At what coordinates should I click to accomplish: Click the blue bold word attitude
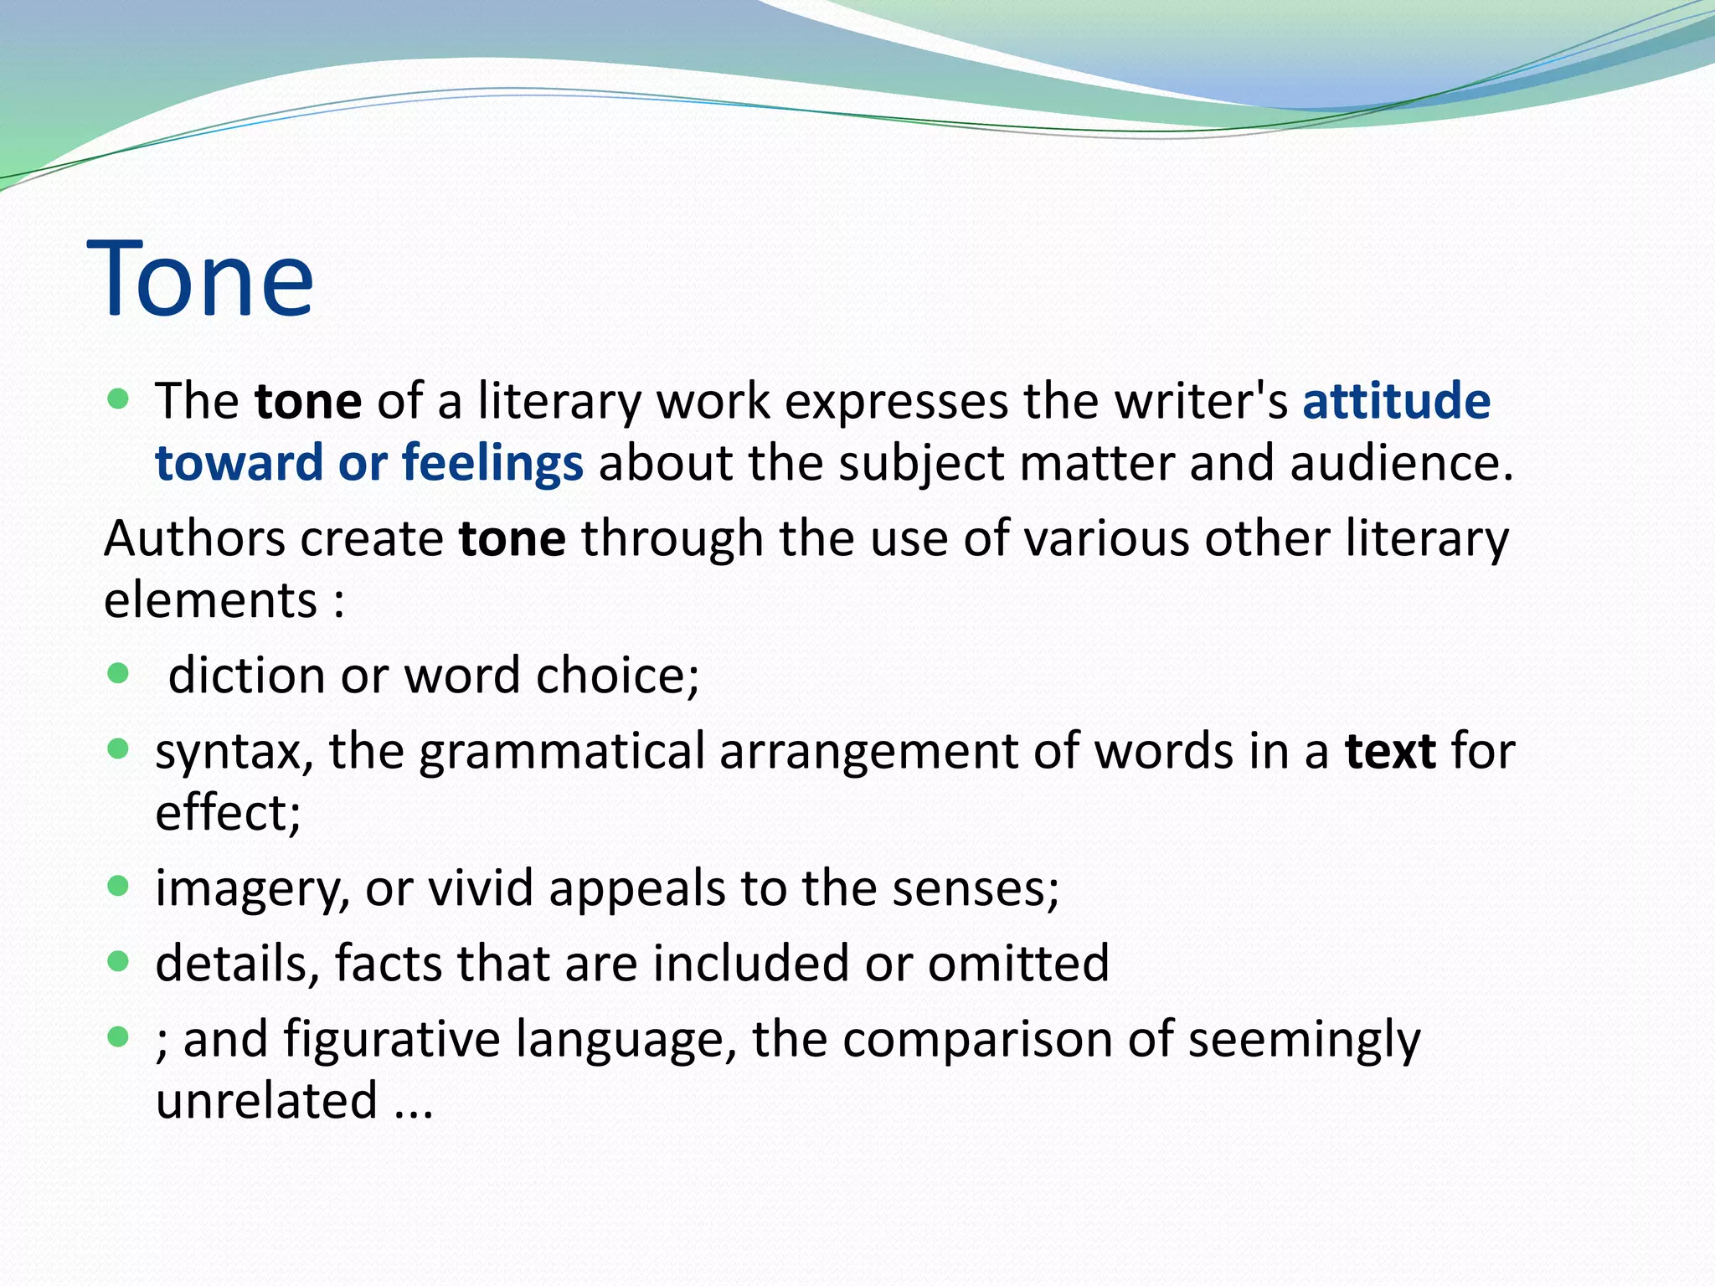1396,401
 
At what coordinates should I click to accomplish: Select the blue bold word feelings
492,463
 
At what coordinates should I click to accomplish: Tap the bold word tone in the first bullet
308,402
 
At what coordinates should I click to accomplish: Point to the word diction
246,675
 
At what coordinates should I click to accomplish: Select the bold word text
1390,751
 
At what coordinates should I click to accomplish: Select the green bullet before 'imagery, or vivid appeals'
119,886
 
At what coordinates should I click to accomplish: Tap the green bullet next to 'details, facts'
119,962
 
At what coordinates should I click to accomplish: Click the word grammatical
561,752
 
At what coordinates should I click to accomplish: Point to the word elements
210,600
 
